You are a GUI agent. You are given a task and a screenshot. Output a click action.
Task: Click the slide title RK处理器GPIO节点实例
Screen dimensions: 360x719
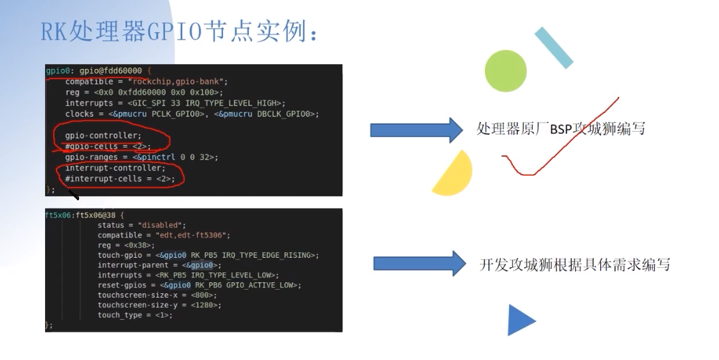[181, 30]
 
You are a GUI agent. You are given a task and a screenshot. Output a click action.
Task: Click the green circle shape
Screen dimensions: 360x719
[505, 71]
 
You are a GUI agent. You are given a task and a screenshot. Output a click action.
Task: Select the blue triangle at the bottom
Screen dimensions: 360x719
[520, 320]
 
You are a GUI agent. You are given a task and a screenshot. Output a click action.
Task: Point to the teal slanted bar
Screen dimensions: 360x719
[553, 48]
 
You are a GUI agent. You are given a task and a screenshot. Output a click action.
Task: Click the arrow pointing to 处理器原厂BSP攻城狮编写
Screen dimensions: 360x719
[416, 129]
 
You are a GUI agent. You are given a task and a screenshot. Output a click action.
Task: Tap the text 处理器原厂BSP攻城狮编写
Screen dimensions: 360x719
[561, 129]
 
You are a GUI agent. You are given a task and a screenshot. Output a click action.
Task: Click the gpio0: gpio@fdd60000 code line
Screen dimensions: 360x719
[98, 71]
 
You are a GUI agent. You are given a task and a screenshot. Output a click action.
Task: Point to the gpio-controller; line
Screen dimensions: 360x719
[103, 135]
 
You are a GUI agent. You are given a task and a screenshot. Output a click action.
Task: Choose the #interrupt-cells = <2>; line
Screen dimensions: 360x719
[120, 179]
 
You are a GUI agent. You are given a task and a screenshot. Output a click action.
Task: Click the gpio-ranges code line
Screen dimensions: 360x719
[141, 157]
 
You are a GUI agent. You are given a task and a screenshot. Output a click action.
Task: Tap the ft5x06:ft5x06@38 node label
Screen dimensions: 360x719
[80, 214]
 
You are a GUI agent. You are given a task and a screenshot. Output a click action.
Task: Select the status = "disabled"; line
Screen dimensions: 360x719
[141, 225]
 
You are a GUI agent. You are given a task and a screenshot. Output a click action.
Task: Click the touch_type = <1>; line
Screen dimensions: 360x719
[134, 315]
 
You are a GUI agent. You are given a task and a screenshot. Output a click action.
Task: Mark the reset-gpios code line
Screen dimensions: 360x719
[199, 284]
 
